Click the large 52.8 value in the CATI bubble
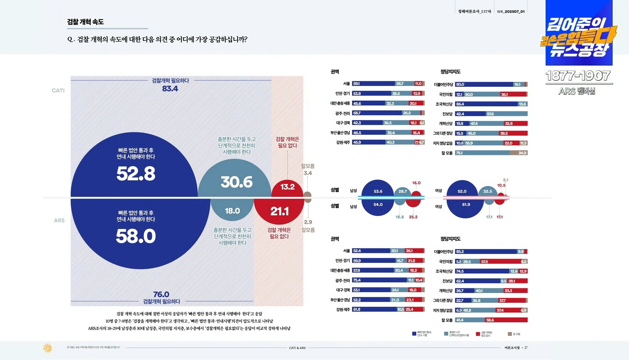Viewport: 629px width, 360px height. (136, 174)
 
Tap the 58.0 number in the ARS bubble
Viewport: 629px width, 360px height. (136, 236)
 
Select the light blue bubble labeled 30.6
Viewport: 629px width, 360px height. (236, 182)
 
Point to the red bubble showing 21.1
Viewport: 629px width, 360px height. (279, 211)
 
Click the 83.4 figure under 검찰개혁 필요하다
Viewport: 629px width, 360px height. (170, 89)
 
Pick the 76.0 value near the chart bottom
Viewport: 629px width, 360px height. (161, 294)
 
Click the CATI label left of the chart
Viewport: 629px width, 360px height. (58, 91)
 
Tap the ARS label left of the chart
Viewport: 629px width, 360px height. (59, 220)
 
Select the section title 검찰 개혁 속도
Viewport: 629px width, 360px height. (85, 22)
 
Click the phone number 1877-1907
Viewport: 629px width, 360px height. (578, 76)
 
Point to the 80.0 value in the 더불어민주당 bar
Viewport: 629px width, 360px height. (460, 85)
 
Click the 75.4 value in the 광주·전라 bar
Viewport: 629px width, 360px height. (357, 280)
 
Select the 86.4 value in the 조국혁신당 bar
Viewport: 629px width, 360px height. (460, 104)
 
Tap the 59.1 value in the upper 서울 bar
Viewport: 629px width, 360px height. (356, 84)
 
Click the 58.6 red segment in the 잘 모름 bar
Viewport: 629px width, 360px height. (490, 320)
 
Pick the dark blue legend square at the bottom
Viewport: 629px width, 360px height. (414, 333)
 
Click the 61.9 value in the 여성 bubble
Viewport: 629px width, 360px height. (466, 205)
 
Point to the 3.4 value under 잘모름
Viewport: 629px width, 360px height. (308, 173)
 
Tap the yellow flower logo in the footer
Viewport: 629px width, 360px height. (47, 348)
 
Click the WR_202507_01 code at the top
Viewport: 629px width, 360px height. (511, 12)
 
